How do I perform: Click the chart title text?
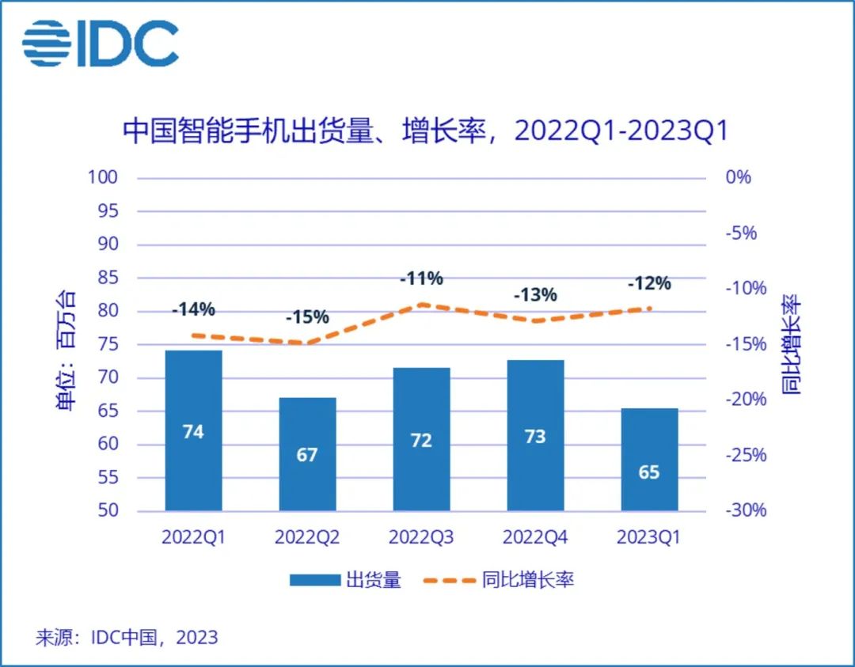click(x=425, y=131)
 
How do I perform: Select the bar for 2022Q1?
click(x=194, y=430)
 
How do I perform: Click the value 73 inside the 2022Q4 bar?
click(x=535, y=437)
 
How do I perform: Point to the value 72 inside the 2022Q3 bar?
click(x=421, y=440)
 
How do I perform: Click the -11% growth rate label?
click(x=421, y=279)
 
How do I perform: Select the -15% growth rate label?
click(x=307, y=317)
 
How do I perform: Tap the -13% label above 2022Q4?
click(x=535, y=295)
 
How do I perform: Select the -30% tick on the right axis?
click(x=746, y=510)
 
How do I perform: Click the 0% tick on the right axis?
click(x=738, y=177)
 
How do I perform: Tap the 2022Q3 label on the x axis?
click(x=421, y=537)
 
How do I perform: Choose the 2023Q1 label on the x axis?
click(x=649, y=537)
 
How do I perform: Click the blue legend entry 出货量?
click(x=345, y=580)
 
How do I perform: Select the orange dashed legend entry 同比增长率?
click(x=499, y=580)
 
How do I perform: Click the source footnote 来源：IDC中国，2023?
click(x=127, y=637)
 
